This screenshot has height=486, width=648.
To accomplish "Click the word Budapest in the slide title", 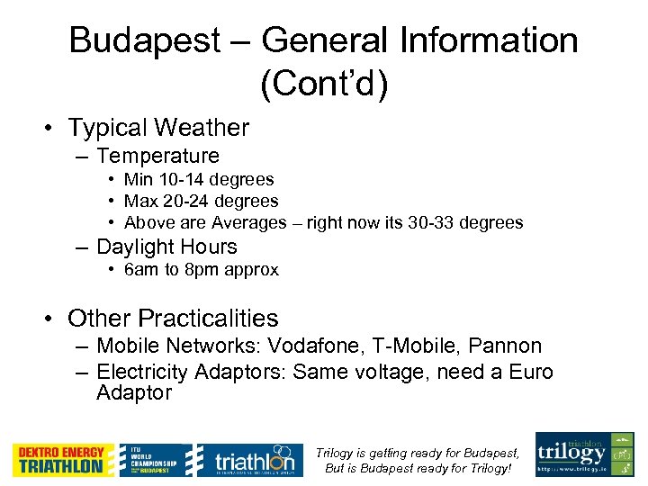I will point(144,40).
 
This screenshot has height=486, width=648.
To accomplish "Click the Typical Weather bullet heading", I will point(157,129).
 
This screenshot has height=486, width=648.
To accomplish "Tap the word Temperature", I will point(157,156).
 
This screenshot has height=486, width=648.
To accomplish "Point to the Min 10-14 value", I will point(199,179).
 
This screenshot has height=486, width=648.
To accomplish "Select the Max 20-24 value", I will point(201,201).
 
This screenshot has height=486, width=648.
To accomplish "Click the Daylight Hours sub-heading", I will point(166,247).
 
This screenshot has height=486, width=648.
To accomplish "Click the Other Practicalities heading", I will point(173,319).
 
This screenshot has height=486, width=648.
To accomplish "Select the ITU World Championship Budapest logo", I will point(153,460).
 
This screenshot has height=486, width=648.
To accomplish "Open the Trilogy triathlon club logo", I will point(584,454).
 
